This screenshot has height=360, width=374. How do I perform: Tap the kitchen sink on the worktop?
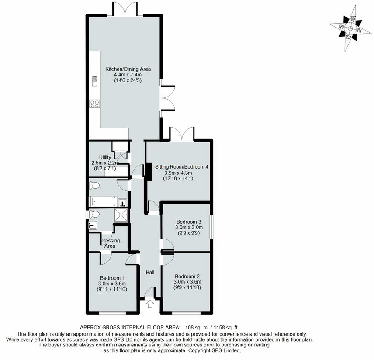[94, 80]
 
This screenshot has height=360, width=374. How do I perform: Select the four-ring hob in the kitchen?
[94, 104]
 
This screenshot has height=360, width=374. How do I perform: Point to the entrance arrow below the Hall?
[150, 303]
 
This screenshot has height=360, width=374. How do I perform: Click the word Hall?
[150, 273]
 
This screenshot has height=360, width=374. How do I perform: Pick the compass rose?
[348, 27]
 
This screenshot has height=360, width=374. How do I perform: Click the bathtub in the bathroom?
[104, 201]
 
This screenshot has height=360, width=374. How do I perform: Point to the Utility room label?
[105, 157]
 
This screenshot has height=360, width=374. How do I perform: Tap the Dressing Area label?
[110, 243]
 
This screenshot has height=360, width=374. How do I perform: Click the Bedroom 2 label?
[187, 276]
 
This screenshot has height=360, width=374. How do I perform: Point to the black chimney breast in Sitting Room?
[148, 171]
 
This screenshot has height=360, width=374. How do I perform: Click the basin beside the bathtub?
[123, 202]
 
